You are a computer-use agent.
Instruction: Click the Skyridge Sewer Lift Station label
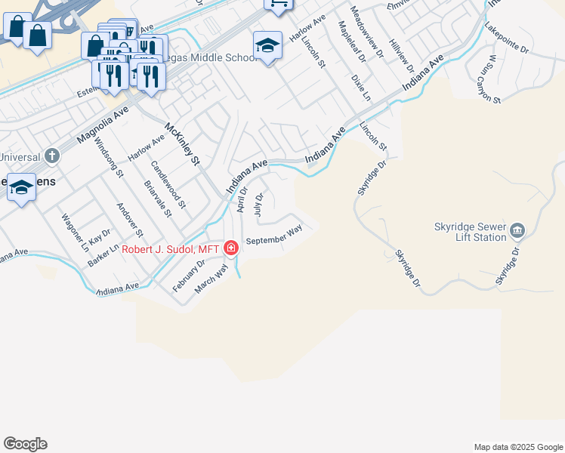pos(469,231)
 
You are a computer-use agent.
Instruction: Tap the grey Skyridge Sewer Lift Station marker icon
pos(517,230)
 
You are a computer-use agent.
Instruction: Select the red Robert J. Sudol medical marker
pos(230,248)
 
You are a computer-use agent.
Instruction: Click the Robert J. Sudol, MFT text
pos(170,249)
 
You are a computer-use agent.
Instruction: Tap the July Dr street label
pos(258,205)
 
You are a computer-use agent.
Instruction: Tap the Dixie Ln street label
pos(361,87)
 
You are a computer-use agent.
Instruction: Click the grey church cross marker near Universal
pos(51,156)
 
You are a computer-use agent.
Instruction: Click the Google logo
pos(25,444)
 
